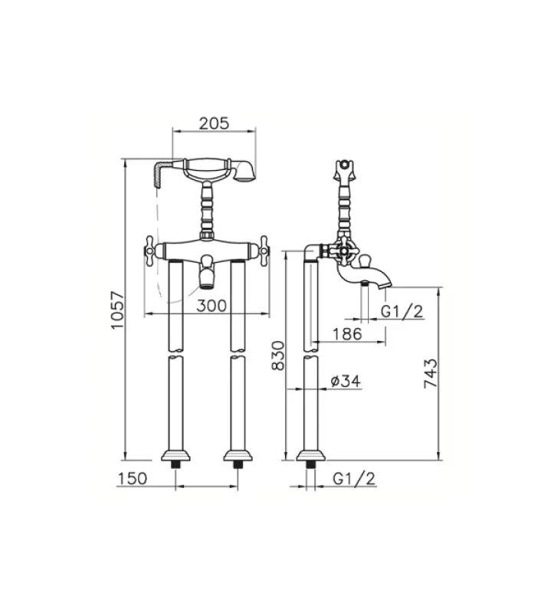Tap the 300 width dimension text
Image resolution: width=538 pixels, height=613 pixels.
(x=211, y=305)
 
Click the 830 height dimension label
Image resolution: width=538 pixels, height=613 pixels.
(x=279, y=356)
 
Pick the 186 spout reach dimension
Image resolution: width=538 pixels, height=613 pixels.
(x=348, y=334)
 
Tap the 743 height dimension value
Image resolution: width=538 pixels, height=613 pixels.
(x=431, y=374)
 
